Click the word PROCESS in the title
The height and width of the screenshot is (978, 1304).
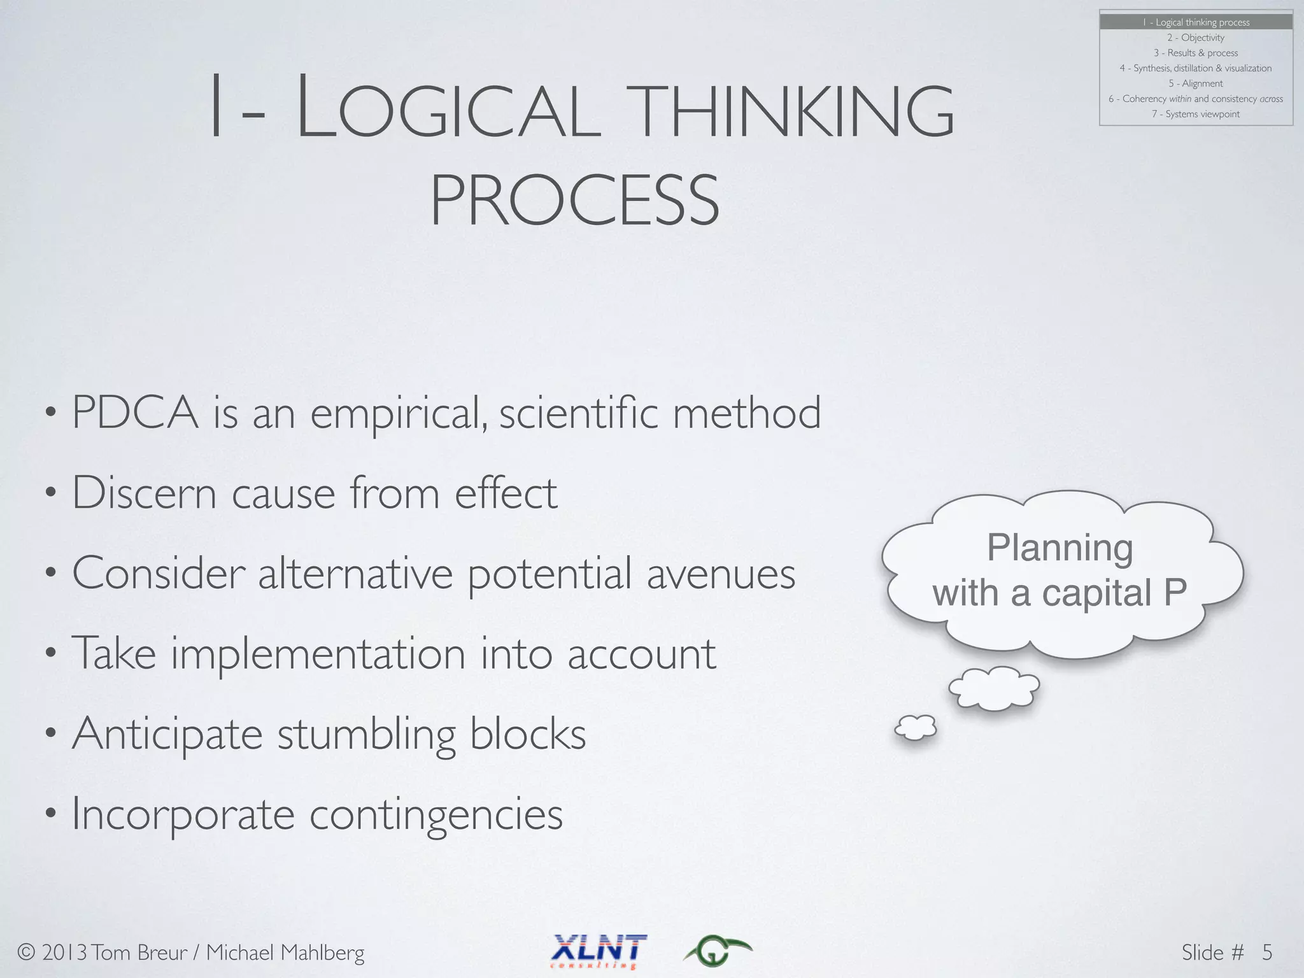(574, 201)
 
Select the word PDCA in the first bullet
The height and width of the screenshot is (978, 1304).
(135, 413)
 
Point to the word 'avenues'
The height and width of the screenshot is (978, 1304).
(721, 573)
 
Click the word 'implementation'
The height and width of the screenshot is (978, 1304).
(318, 653)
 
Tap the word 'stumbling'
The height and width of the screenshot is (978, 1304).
(366, 733)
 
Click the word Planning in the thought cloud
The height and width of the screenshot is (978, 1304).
(1059, 548)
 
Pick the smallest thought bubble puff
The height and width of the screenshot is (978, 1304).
(916, 727)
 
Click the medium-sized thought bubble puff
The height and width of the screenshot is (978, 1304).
(994, 688)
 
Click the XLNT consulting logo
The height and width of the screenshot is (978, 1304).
(599, 951)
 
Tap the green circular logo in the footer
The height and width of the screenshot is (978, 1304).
(716, 951)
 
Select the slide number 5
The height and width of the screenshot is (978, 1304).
(1267, 952)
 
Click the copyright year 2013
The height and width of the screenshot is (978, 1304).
(64, 953)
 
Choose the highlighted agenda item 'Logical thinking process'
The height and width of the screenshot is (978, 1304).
(1196, 22)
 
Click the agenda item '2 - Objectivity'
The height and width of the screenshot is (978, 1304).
(1196, 38)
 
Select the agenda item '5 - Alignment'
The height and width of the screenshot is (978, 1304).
(1196, 83)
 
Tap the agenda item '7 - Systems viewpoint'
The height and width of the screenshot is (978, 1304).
(1196, 114)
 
